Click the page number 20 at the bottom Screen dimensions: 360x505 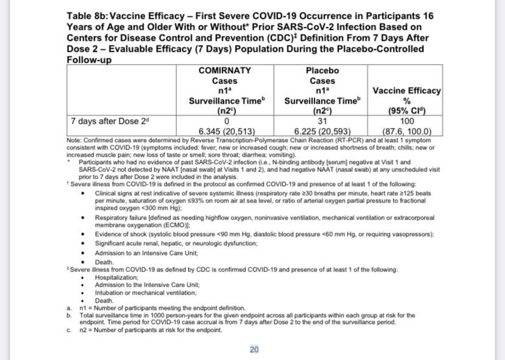(254, 349)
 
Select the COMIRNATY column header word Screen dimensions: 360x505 (224, 70)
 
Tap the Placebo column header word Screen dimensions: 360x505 (322, 70)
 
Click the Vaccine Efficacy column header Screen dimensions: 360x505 (407, 90)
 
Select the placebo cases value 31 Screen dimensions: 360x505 (322, 121)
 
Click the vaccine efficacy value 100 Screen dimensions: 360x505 (407, 121)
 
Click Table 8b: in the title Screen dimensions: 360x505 (90, 16)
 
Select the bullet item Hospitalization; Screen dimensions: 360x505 (116, 277)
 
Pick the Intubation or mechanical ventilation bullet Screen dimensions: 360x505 (145, 292)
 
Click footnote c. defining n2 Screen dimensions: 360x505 (151, 330)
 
